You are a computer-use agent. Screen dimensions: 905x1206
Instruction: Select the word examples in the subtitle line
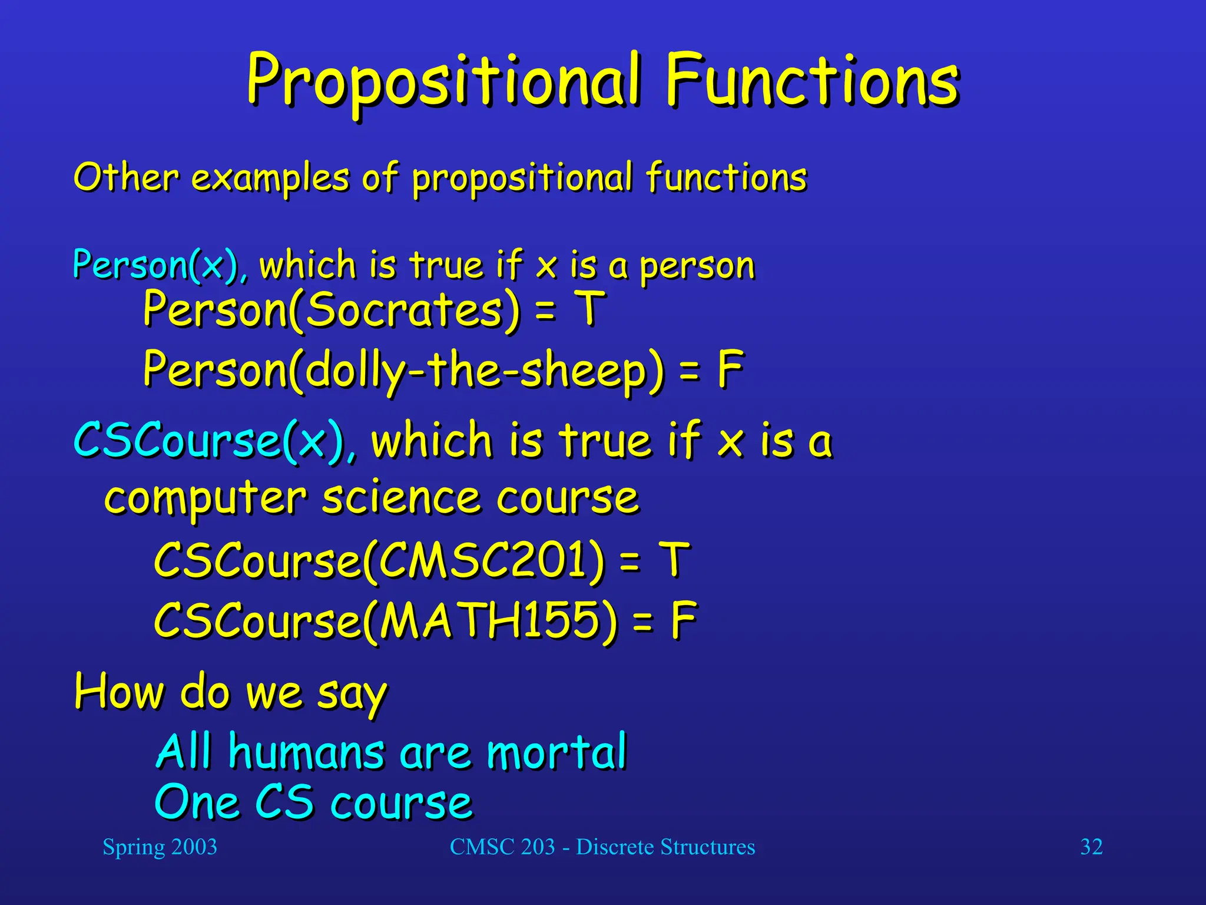point(270,178)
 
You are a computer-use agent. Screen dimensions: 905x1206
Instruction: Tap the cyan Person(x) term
point(156,265)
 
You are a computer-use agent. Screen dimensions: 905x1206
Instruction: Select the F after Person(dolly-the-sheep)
point(730,369)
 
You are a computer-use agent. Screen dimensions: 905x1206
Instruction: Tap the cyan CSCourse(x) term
point(209,441)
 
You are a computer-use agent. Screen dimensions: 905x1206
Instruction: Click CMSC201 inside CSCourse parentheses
point(483,560)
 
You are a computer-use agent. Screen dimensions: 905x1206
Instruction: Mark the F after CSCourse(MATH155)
point(684,620)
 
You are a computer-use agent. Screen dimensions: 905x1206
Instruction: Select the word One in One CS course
point(197,802)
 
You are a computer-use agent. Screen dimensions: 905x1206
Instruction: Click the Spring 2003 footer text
point(160,847)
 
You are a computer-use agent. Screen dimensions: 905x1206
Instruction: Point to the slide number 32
point(1091,847)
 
